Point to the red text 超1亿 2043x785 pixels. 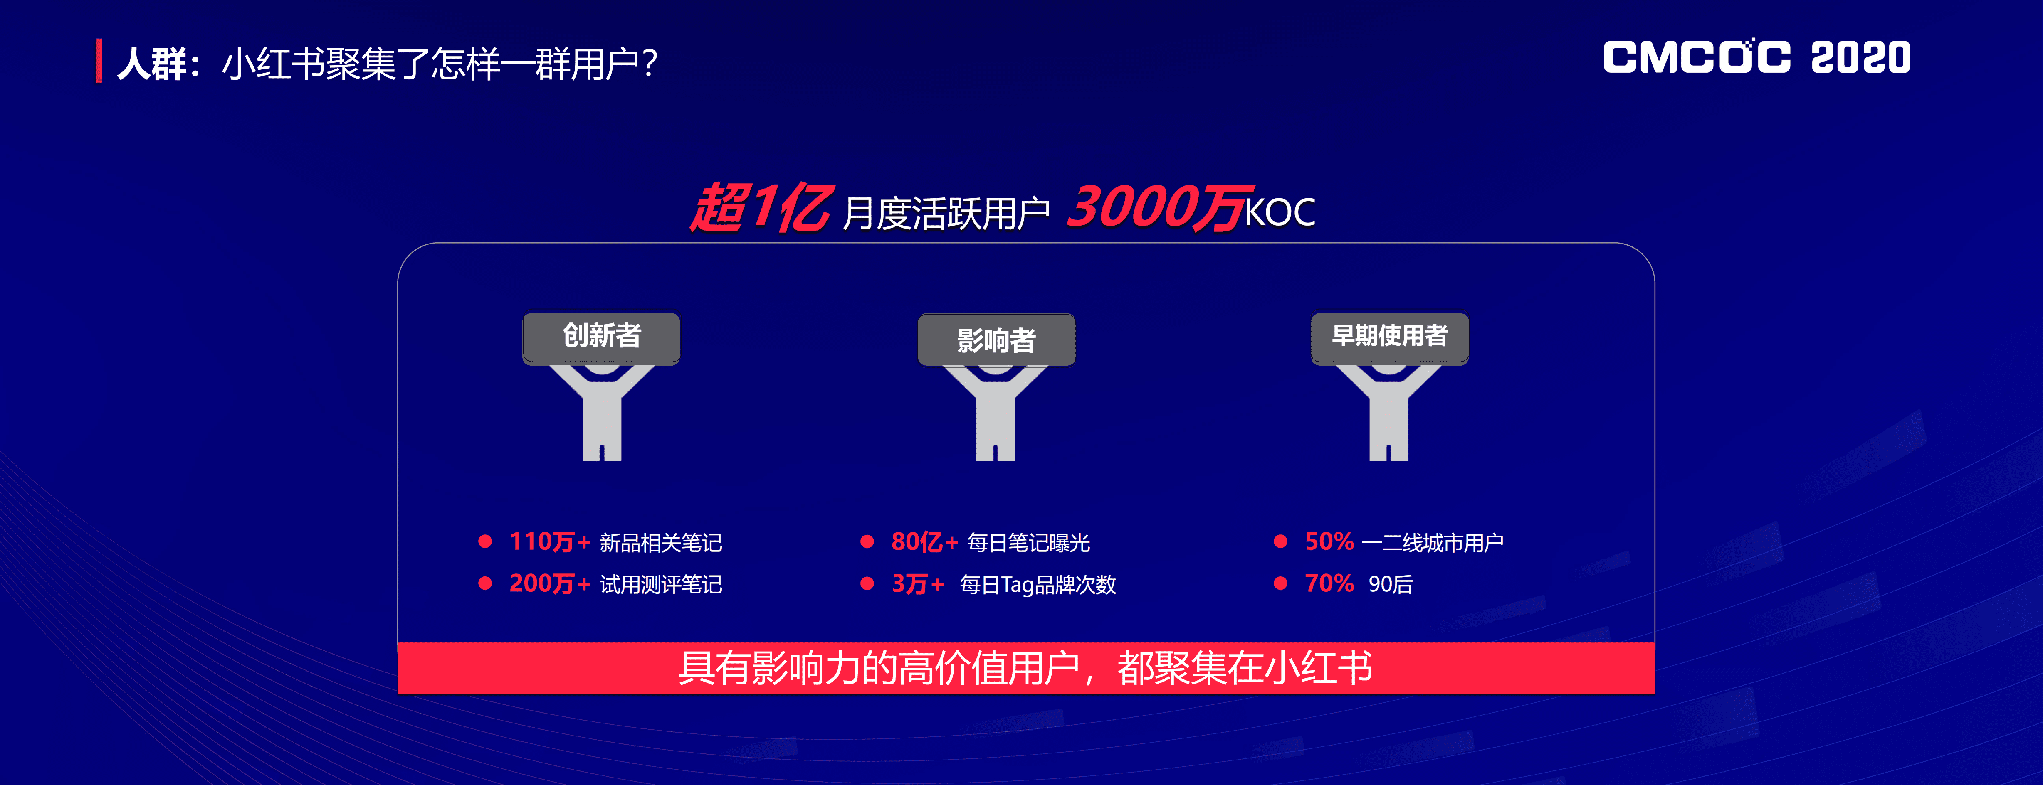[x=760, y=208]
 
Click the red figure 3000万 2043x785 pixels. [x=1159, y=208]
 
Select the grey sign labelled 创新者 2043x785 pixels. [x=601, y=337]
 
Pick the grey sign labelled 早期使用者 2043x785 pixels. [x=1389, y=337]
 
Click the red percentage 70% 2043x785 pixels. [x=1329, y=583]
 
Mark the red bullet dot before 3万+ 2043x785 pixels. [x=867, y=583]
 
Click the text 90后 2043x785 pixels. [x=1390, y=584]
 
